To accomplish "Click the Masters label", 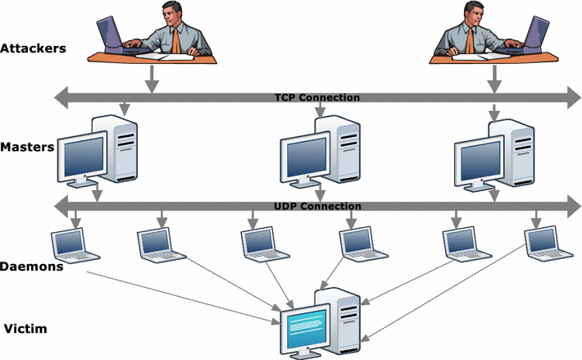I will click(27, 148).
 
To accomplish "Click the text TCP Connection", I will click(316, 98).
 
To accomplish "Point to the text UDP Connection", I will click(316, 206).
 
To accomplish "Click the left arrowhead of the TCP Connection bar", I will click(60, 98).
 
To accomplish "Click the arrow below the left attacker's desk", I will click(150, 79).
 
